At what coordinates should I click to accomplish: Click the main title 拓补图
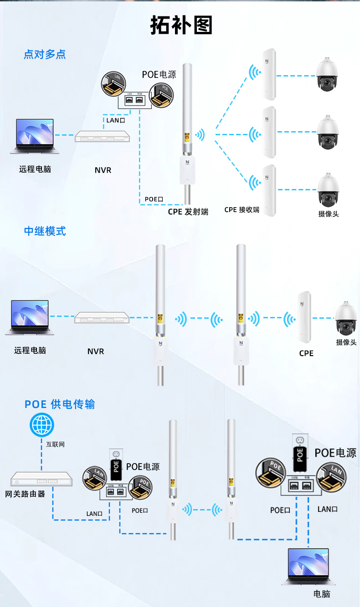coord(181,26)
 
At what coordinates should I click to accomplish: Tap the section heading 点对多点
coord(45,55)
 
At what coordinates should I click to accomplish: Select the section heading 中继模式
coord(45,231)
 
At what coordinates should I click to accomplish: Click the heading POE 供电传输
coord(60,404)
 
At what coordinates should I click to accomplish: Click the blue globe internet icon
coord(41,425)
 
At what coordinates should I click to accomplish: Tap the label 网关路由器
coord(25,494)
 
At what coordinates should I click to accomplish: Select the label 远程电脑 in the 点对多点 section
coord(35,169)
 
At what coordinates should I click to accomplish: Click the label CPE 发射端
coord(188,211)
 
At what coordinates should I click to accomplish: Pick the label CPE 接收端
coord(242,210)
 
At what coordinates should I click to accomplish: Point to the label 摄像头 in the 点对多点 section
coord(328,214)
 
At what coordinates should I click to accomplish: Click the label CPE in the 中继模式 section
coord(306,353)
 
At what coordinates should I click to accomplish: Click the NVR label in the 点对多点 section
coord(103,170)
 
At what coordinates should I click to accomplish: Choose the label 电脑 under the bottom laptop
coord(322,594)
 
